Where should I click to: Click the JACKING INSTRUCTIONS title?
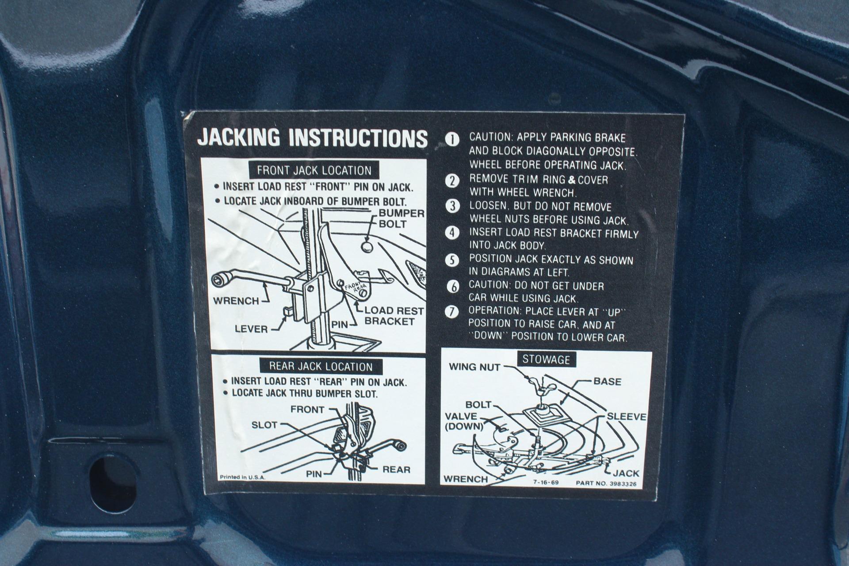[312, 138]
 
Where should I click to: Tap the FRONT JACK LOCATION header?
[314, 170]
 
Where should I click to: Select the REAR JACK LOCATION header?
[321, 367]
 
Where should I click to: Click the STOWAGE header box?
[546, 359]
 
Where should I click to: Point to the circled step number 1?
[452, 140]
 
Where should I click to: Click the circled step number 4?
[452, 233]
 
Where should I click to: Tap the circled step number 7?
[452, 311]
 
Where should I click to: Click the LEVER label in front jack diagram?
[251, 329]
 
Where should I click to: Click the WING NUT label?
[474, 367]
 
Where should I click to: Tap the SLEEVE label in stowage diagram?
[626, 417]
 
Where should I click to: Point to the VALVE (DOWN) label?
[463, 421]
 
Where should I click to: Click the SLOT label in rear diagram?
[264, 425]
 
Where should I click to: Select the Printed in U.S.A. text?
[242, 477]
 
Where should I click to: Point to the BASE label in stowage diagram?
[607, 382]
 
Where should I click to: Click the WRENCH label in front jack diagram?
[236, 301]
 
